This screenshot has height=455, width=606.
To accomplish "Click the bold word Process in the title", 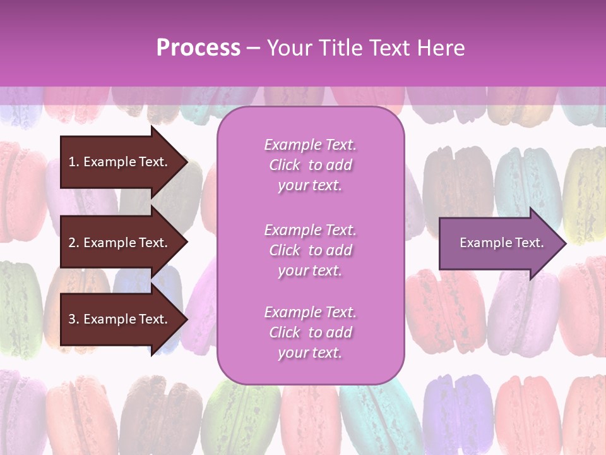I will point(198,48).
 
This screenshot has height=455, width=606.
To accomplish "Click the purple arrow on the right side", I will point(499,243).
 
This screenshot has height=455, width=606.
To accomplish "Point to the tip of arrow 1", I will point(186,162).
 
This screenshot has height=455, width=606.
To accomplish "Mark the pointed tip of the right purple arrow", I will point(565,243).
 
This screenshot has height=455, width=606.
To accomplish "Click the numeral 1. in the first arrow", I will point(73,162).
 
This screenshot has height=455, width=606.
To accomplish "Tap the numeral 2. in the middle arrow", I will point(73,243).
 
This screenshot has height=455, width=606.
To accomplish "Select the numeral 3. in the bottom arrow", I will point(73,319).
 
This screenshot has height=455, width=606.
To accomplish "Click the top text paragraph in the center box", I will point(310,165).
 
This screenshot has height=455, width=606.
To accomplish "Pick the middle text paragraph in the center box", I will point(310,250).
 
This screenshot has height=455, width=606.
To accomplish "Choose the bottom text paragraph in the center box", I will point(310,332).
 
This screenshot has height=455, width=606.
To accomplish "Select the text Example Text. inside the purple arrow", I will point(501,243).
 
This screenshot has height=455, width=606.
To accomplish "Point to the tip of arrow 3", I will point(186,319).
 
